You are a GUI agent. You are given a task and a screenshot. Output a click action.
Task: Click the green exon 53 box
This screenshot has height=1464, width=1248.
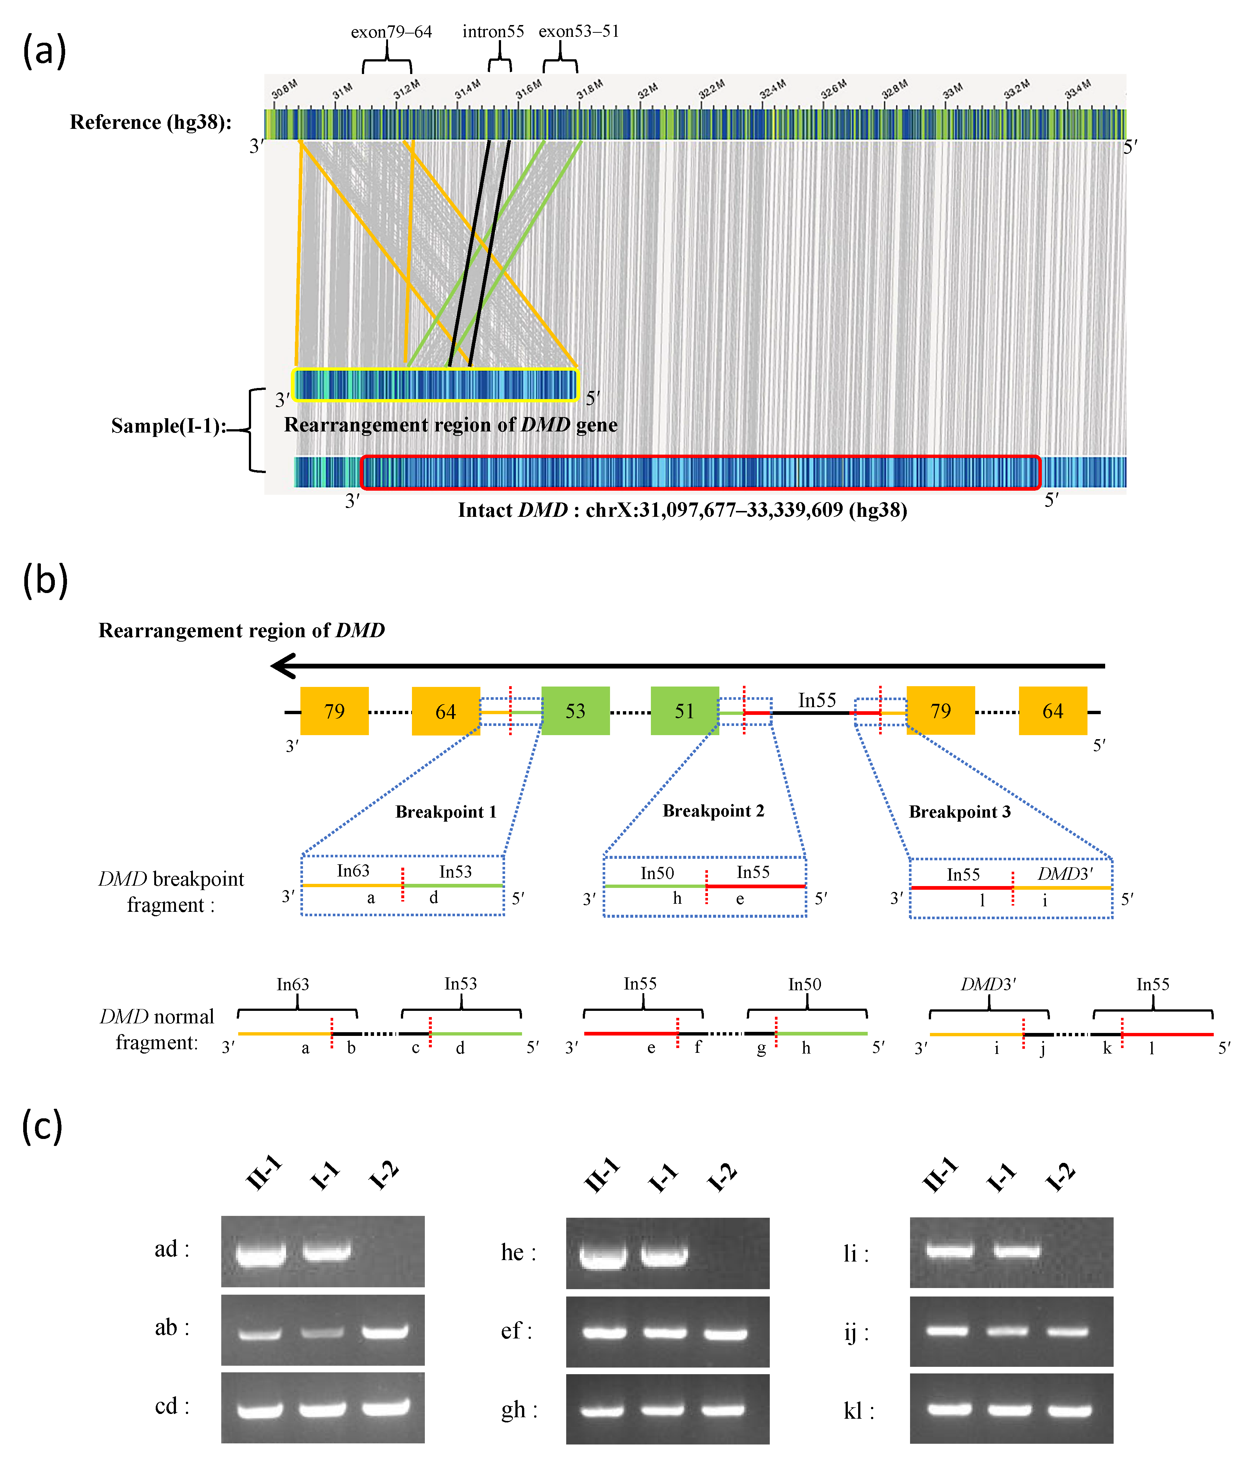tap(575, 711)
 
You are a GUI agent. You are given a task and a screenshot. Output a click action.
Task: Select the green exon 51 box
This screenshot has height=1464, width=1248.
tap(684, 711)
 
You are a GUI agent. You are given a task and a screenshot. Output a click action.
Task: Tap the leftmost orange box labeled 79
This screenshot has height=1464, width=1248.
tap(334, 711)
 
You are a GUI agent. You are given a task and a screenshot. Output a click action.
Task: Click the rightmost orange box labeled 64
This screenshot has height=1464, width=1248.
tap(1052, 711)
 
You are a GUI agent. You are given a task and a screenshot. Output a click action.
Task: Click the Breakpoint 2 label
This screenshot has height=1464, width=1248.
tap(713, 811)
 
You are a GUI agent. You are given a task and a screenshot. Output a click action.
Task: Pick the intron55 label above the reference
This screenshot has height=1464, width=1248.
tap(493, 32)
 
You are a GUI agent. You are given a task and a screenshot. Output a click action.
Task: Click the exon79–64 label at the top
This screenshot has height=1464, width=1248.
tap(391, 32)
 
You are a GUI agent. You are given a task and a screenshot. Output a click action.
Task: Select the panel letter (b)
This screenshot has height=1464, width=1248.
tap(45, 580)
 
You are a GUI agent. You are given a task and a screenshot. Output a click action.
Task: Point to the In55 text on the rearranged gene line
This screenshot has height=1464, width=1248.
tap(817, 700)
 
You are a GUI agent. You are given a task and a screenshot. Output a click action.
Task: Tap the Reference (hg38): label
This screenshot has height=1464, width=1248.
tap(151, 122)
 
